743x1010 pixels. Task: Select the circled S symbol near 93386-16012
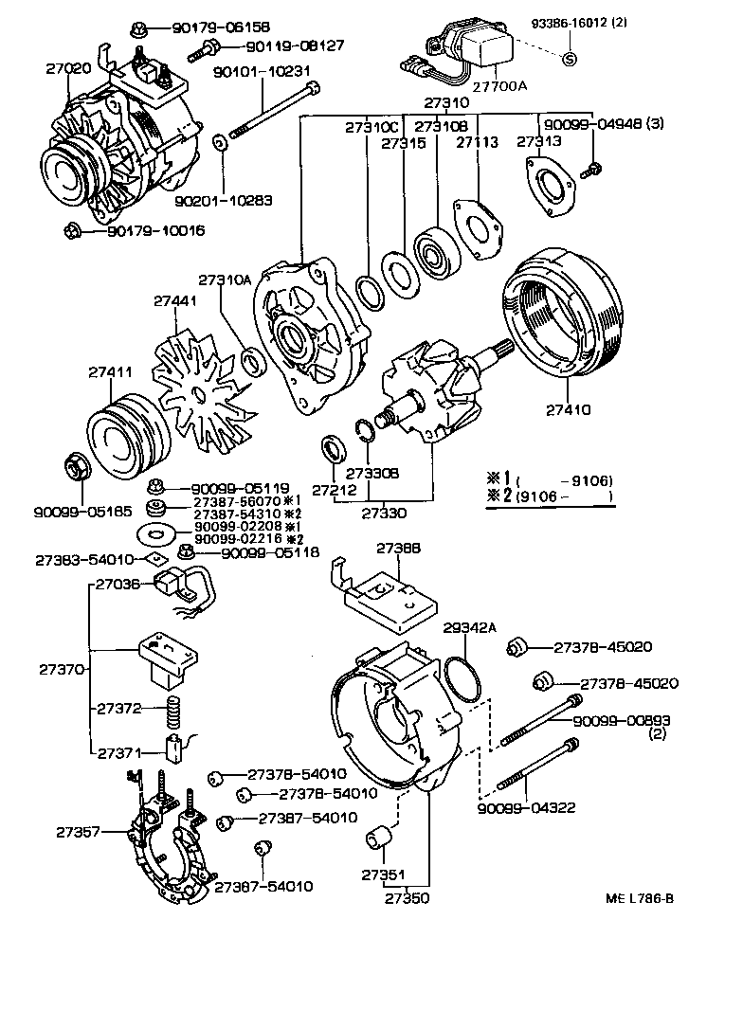(570, 60)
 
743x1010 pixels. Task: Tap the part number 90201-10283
(224, 201)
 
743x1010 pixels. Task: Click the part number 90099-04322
(526, 808)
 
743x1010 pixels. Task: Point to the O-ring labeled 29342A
(463, 679)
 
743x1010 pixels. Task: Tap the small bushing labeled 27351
(379, 839)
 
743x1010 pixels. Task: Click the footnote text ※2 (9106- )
(550, 496)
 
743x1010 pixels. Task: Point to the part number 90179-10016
(154, 230)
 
